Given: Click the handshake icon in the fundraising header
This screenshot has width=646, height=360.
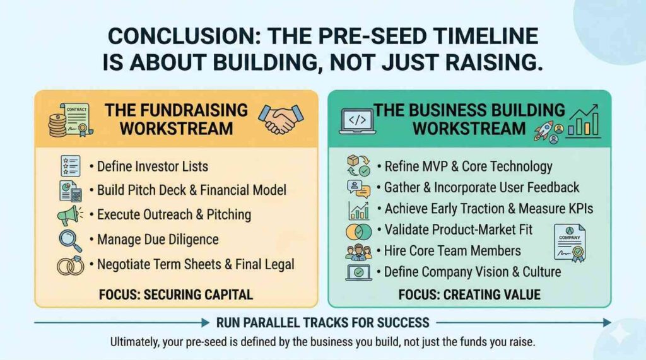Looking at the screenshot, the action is click(281, 119).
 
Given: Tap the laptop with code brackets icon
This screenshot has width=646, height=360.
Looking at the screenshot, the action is click(357, 121).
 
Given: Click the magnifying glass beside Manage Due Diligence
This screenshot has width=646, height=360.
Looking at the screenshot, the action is click(70, 240).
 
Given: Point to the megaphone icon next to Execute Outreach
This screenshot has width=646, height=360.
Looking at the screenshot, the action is click(69, 215).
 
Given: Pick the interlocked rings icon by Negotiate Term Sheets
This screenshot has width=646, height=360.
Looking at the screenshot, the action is click(71, 265).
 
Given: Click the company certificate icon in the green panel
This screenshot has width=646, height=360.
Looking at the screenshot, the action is click(570, 243).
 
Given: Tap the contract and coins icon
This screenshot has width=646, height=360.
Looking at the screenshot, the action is click(71, 120).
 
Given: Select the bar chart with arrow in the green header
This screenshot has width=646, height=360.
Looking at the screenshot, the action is click(583, 120).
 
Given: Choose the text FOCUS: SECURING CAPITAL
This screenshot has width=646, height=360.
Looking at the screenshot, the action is click(176, 295).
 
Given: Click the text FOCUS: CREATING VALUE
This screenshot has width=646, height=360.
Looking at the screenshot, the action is click(469, 295).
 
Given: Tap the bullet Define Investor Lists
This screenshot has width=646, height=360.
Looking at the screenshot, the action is click(149, 166).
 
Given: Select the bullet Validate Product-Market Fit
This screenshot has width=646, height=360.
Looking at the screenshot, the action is click(455, 229).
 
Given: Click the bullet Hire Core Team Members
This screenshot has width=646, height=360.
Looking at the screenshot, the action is click(449, 250).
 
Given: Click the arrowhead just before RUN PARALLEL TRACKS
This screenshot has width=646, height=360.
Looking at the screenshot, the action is click(205, 323).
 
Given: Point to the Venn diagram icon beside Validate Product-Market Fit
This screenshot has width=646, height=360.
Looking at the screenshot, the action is click(358, 232).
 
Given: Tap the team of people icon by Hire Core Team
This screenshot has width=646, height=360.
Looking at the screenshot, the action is click(358, 252).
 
